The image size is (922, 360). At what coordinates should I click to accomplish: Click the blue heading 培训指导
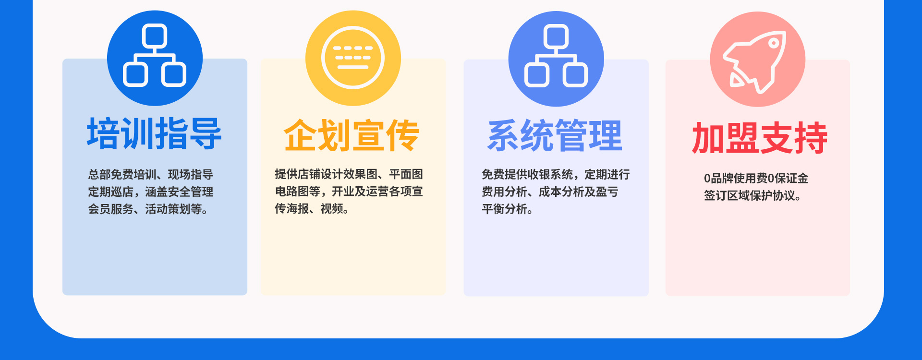pos(154,133)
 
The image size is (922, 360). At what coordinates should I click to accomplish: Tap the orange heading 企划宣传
pos(352,135)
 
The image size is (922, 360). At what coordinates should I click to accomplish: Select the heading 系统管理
pos(555,136)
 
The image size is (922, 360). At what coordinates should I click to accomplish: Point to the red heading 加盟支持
pos(760,138)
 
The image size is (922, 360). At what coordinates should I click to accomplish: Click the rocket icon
pos(756,61)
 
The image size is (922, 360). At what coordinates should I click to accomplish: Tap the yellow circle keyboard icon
pos(353,58)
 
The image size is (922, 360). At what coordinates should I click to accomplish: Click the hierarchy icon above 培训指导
pos(155,55)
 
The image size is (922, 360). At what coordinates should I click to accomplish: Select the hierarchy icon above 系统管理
pos(556,56)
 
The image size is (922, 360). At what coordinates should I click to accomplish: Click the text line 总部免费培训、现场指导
pos(150,174)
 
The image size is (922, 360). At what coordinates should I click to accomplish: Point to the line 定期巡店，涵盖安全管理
pos(150,192)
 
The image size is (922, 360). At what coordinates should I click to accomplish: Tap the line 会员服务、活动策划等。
pos(148,209)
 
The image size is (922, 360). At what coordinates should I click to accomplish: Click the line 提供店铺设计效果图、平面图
pos(349,174)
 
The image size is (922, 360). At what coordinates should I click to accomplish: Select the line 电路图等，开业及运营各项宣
pos(349,191)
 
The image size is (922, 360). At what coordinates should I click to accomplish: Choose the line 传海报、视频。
pos(312,208)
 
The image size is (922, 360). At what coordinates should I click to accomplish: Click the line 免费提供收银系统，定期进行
pos(556,174)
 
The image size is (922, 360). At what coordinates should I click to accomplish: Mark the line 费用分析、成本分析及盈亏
pos(550,192)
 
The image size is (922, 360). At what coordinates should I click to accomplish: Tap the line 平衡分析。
pos(508,209)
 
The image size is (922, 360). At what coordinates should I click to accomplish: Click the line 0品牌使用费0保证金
pos(756,178)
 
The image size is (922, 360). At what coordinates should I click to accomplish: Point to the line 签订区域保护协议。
pos(753,195)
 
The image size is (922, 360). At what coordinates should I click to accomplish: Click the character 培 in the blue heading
pos(103,133)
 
